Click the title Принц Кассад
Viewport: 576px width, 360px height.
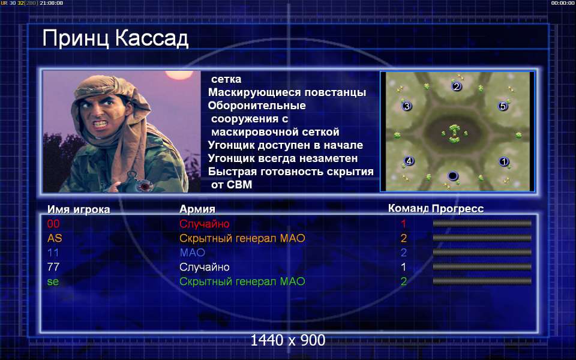[115, 38]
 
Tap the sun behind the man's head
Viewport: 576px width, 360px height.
[179, 75]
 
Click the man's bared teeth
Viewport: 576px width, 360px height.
[100, 124]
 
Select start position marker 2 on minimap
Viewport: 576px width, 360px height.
[457, 86]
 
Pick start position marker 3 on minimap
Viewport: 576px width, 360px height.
[407, 106]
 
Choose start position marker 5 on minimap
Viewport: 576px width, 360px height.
[503, 106]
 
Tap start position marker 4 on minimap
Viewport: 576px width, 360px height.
[409, 161]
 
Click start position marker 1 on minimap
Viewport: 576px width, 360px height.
[504, 161]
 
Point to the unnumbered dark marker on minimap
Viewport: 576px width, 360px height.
[453, 176]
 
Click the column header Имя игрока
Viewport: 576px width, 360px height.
[79, 209]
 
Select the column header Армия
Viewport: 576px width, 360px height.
[197, 209]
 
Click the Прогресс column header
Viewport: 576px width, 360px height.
[458, 209]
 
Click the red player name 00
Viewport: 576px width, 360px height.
[53, 224]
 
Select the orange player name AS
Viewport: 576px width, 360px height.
[55, 238]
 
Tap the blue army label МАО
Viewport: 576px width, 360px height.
[192, 253]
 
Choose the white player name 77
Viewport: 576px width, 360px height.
[53, 267]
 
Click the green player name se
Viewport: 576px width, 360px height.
[53, 282]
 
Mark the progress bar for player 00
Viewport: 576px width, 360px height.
[482, 223]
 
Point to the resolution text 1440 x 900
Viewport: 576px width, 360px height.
[288, 341]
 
